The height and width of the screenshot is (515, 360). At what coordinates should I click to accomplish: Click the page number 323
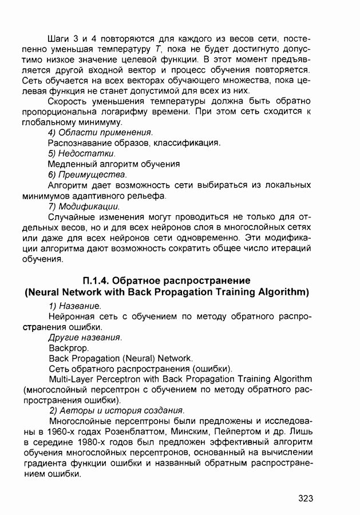coord(305,498)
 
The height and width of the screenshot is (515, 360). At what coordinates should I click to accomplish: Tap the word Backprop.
coord(65,347)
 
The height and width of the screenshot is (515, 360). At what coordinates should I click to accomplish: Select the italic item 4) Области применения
coord(96,132)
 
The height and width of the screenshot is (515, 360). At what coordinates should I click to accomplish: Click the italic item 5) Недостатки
coord(82,153)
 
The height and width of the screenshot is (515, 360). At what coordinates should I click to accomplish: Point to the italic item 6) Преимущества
coord(87,174)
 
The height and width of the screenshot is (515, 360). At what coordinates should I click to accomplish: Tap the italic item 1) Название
coord(75,306)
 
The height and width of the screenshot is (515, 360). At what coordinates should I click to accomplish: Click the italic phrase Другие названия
coord(85,337)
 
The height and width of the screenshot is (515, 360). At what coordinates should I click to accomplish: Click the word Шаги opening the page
coord(61,38)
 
